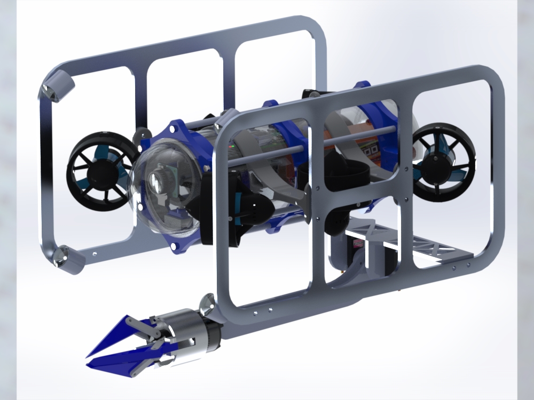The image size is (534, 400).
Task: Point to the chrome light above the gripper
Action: [207, 306]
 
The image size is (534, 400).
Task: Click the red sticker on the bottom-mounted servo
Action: [357, 243]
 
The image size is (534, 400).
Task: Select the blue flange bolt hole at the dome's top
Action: [175, 130]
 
